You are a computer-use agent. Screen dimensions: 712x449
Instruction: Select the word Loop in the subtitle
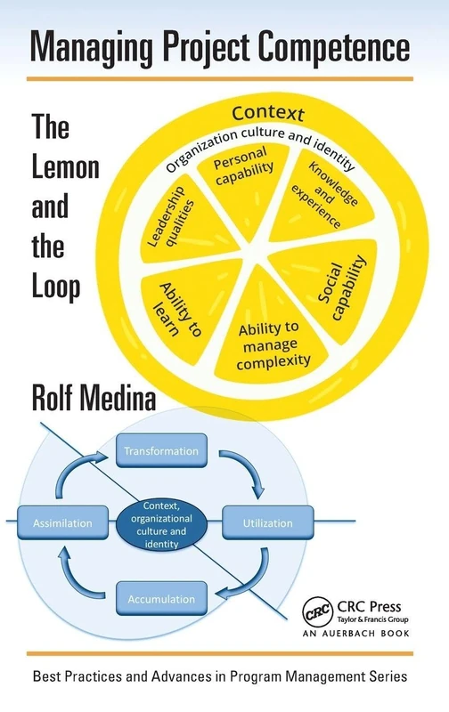56,287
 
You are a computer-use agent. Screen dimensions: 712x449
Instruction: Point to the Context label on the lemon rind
267,114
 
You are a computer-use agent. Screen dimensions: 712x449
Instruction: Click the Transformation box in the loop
161,450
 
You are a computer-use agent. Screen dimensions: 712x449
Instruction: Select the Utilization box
266,523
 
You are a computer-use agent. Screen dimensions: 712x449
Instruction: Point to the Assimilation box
62,523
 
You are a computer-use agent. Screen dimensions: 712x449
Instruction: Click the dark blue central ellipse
167,523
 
